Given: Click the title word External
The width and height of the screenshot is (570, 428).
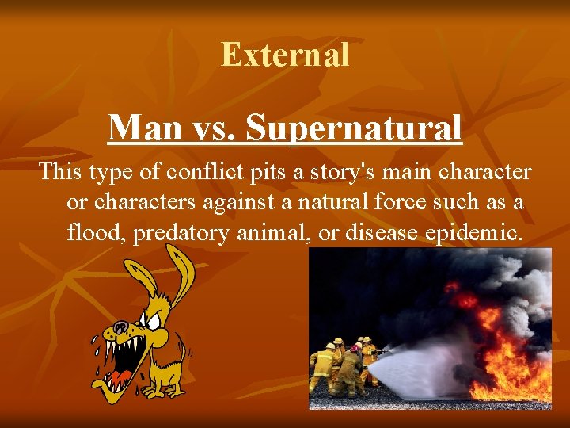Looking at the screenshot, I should point(285,54).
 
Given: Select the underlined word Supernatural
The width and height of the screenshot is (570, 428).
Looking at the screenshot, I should point(353,128).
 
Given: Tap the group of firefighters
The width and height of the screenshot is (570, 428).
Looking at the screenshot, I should point(345,365).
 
